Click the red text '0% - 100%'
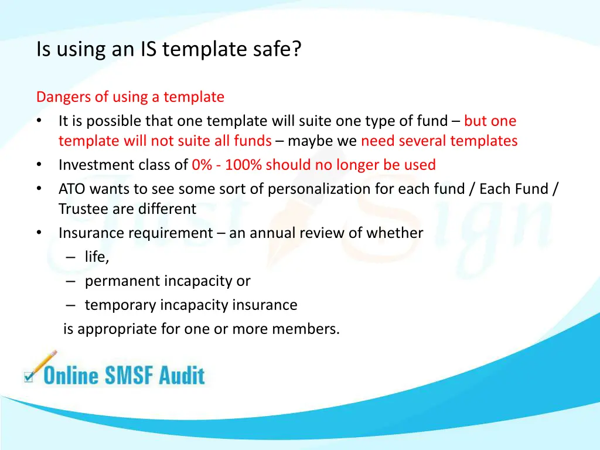(227, 165)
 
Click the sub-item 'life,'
(97, 257)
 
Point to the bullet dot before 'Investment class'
(39, 165)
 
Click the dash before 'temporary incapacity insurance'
(71, 305)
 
